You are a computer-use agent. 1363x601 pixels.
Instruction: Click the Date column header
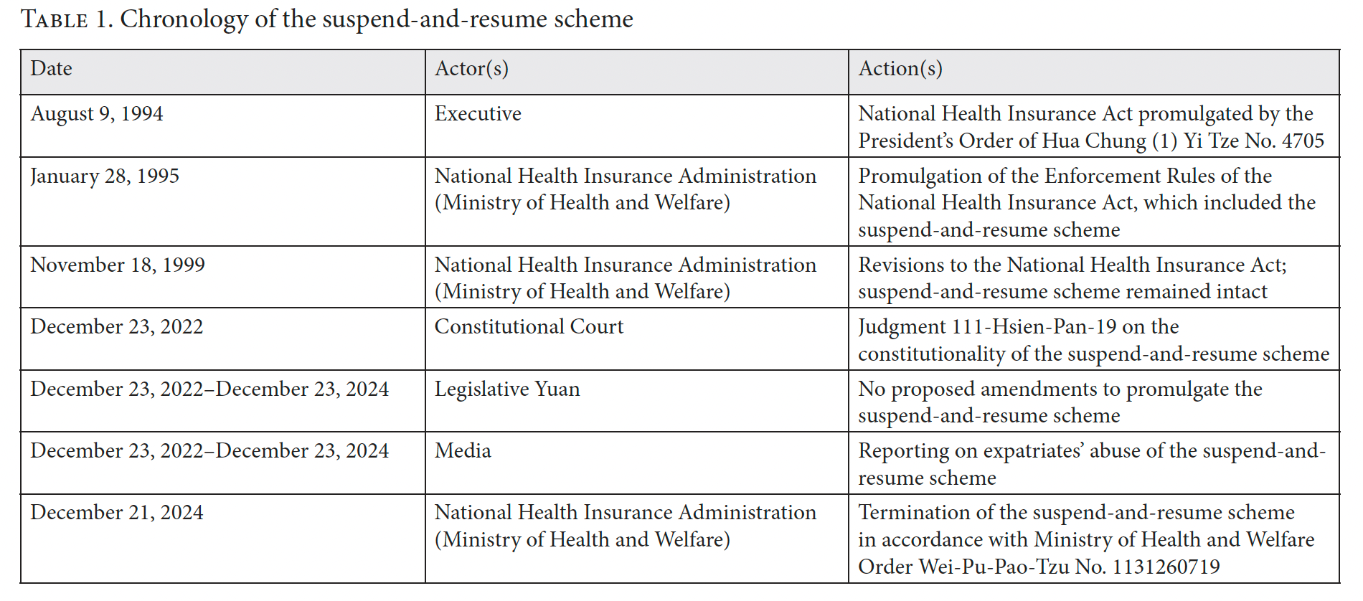(52, 69)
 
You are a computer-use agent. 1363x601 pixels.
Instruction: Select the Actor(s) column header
(471, 69)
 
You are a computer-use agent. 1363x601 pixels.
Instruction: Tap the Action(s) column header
(900, 69)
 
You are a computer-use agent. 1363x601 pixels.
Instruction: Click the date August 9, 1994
(97, 114)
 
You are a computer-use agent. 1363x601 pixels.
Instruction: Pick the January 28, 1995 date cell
(105, 176)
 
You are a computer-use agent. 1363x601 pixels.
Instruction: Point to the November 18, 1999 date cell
(118, 265)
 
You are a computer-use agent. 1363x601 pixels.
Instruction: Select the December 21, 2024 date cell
(117, 513)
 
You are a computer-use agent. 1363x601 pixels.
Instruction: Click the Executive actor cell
(478, 114)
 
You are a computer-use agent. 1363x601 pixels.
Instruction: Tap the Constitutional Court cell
(529, 327)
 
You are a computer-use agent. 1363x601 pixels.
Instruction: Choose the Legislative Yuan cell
(507, 389)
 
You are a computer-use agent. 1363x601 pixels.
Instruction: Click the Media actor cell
(463, 451)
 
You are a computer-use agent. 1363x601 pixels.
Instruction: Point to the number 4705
(1302, 141)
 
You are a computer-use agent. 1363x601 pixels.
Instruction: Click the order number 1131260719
(1166, 567)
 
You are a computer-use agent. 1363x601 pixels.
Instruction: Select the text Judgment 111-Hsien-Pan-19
(987, 327)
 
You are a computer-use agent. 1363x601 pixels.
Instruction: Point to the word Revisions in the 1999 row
(901, 265)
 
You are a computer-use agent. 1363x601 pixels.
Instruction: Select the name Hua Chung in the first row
(1094, 141)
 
